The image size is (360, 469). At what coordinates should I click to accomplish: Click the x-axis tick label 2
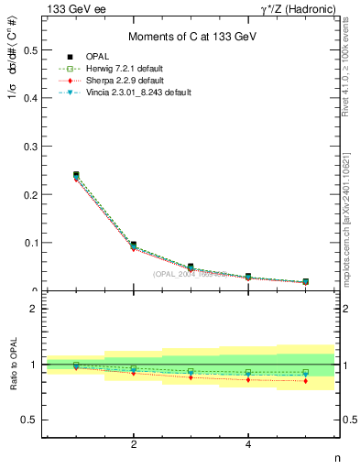[x=134, y=445]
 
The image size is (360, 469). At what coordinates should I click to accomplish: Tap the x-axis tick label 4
[x=248, y=445]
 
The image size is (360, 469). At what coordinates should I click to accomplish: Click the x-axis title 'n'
[x=336, y=458]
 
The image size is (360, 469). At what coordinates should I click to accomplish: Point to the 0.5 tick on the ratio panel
[x=29, y=420]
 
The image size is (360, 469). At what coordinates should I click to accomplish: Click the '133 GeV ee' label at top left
[x=71, y=8]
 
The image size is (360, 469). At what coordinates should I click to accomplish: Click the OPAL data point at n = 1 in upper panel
[x=76, y=174]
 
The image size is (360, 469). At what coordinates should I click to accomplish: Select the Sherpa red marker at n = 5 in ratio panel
[x=305, y=380]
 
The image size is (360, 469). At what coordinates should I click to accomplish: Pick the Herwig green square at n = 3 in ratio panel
[x=191, y=371]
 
